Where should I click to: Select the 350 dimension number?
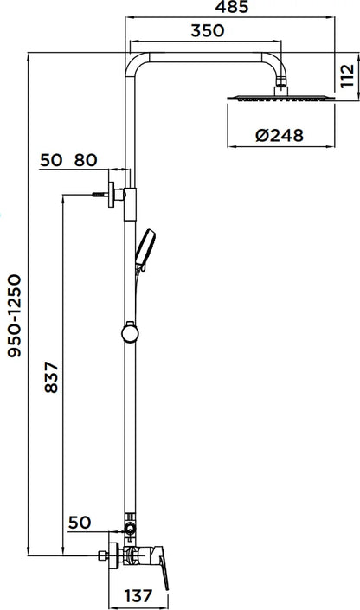207,30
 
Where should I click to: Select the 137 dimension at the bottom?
138,596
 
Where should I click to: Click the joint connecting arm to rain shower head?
280,84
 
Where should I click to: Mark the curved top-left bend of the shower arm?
136,61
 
